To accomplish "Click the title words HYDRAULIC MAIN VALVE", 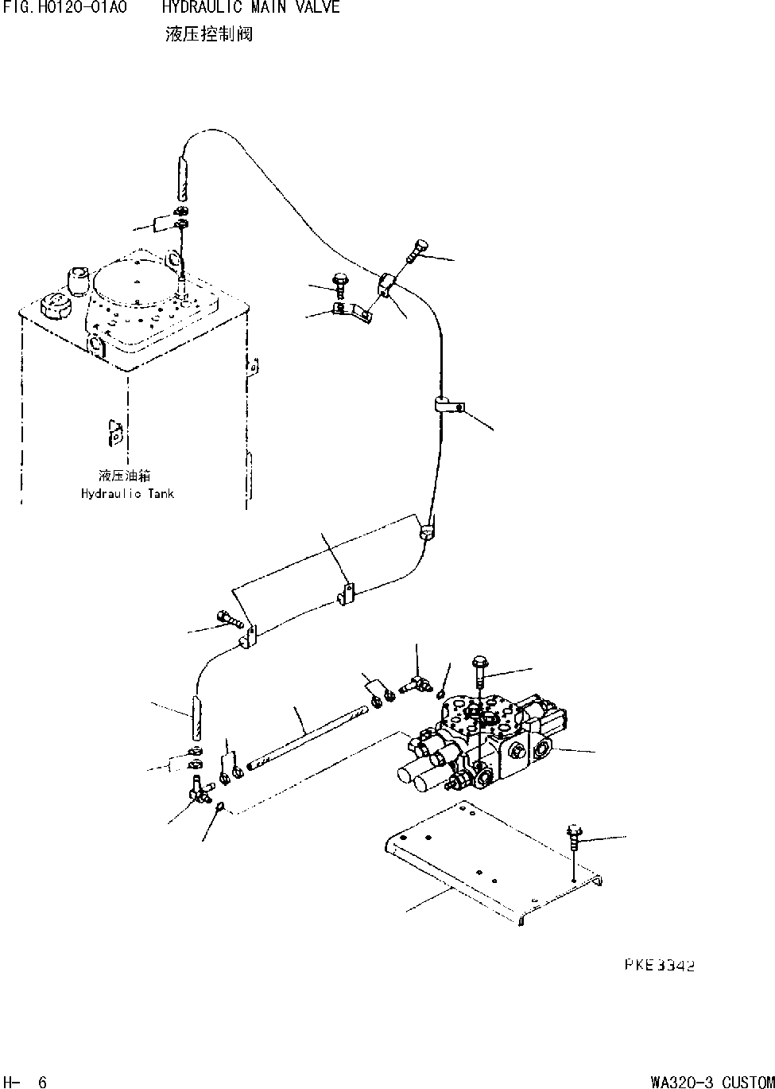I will click(x=250, y=8).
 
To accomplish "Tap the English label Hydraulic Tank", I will click(x=127, y=493).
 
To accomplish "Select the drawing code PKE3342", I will click(x=659, y=966).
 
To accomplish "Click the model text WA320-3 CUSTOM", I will click(x=711, y=1082).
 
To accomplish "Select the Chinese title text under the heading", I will click(x=209, y=34).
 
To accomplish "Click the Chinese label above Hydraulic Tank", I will click(x=125, y=476).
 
